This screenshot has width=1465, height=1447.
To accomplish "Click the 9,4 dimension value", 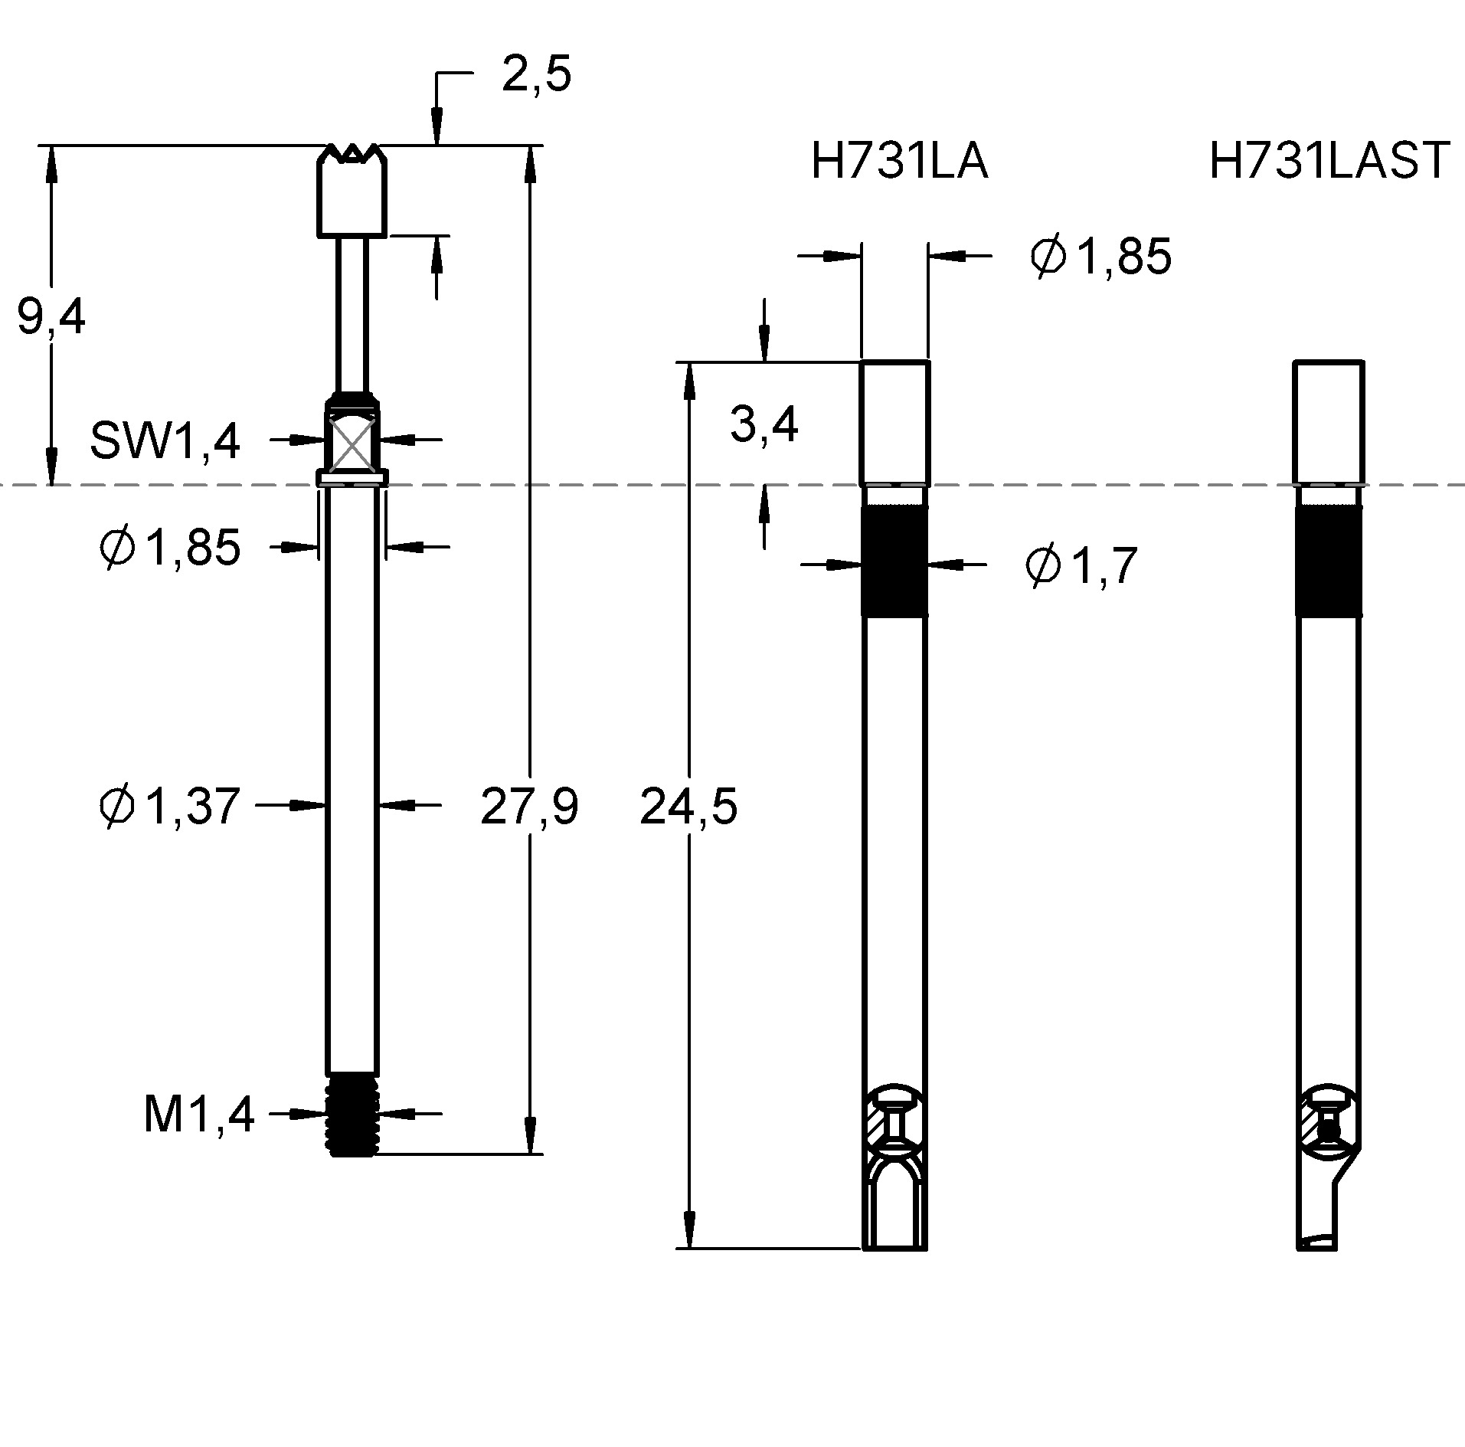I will click(x=51, y=318).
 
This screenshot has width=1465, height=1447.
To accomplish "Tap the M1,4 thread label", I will click(x=199, y=1115).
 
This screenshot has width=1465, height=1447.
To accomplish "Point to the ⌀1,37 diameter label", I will click(x=170, y=807).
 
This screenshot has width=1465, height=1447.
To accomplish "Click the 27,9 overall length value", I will click(x=528, y=807).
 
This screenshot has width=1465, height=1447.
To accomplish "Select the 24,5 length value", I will click(x=688, y=807).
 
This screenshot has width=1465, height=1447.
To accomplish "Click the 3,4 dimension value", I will click(x=764, y=425).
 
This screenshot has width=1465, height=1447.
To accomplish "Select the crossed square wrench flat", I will click(x=352, y=442).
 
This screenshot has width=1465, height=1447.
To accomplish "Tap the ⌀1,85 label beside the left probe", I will click(x=170, y=548).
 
